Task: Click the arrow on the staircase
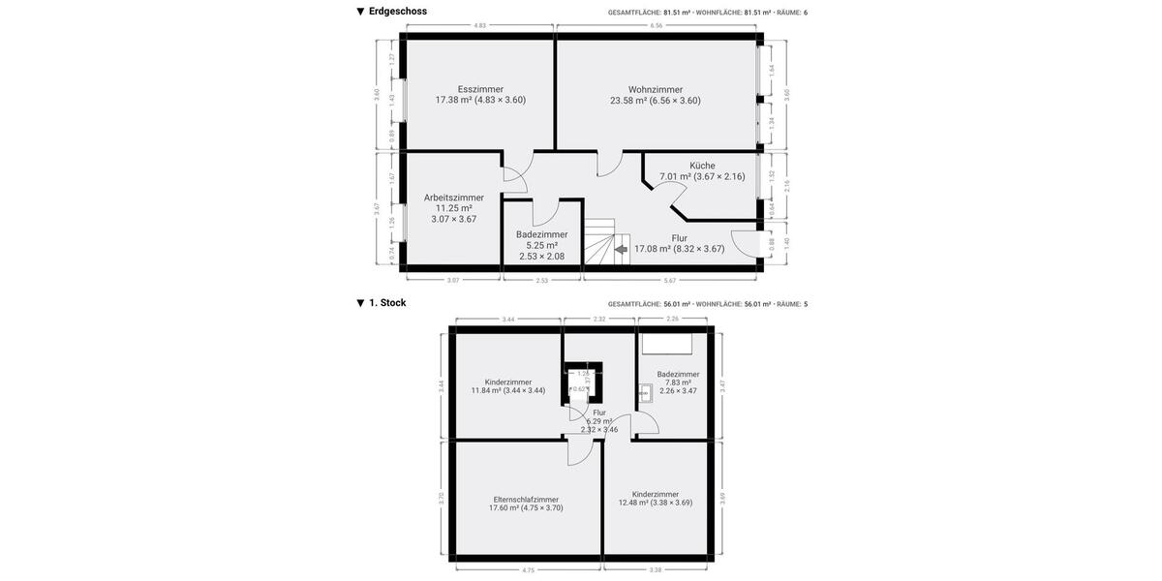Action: pyautogui.click(x=621, y=249)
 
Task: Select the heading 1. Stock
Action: pyautogui.click(x=386, y=303)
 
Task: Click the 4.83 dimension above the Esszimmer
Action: pyautogui.click(x=480, y=25)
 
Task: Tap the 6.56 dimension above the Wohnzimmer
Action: pyautogui.click(x=657, y=25)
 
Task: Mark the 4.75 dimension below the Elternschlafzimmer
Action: pyautogui.click(x=528, y=570)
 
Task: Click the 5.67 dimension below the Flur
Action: pyautogui.click(x=670, y=281)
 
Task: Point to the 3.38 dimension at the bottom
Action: pyautogui.click(x=656, y=570)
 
